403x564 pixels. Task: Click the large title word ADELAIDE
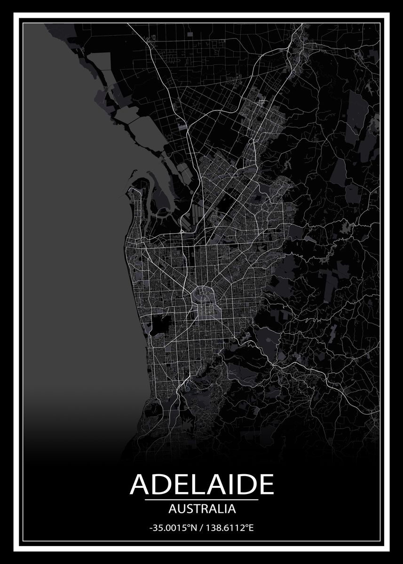click(202, 485)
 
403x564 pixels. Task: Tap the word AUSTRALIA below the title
click(202, 508)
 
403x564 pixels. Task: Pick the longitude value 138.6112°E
click(229, 528)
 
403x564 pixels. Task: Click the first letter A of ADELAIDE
click(140, 485)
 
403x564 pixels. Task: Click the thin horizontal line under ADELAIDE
click(202, 500)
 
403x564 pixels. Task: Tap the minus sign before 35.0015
click(150, 529)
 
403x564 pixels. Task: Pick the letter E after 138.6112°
click(251, 528)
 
